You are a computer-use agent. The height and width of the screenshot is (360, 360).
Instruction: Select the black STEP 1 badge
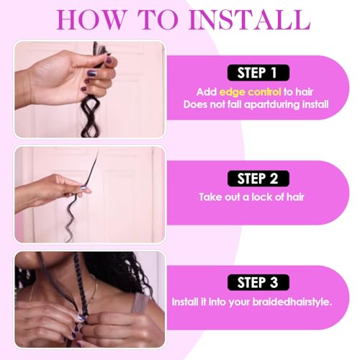coord(256,72)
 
